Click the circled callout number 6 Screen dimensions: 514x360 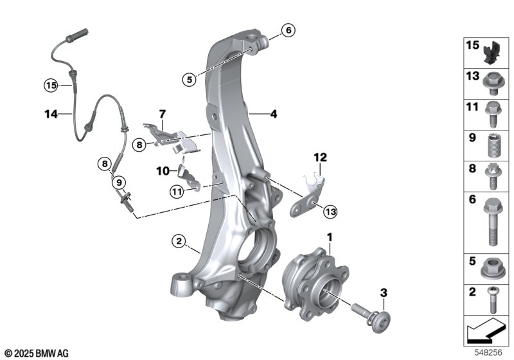288,30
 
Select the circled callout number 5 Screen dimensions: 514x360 190,79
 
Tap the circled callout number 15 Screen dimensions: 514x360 51,86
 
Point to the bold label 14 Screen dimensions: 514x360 51,114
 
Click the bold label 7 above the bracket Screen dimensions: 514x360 163,114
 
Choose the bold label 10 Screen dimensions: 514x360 163,171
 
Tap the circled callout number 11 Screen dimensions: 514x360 177,192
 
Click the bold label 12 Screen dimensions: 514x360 320,157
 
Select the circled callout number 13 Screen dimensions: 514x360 330,212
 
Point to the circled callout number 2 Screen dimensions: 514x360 179,242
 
